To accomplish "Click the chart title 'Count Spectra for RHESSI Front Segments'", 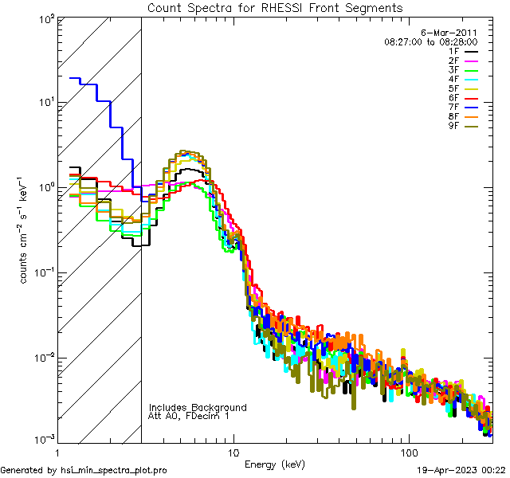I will [275, 7].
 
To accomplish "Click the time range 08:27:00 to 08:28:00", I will [430, 41].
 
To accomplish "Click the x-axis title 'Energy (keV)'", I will [275, 464].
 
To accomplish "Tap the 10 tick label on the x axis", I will [233, 451].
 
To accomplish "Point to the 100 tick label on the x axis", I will [409, 451].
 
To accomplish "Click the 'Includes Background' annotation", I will [198, 407].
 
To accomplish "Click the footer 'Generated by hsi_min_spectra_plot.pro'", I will [84, 471].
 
